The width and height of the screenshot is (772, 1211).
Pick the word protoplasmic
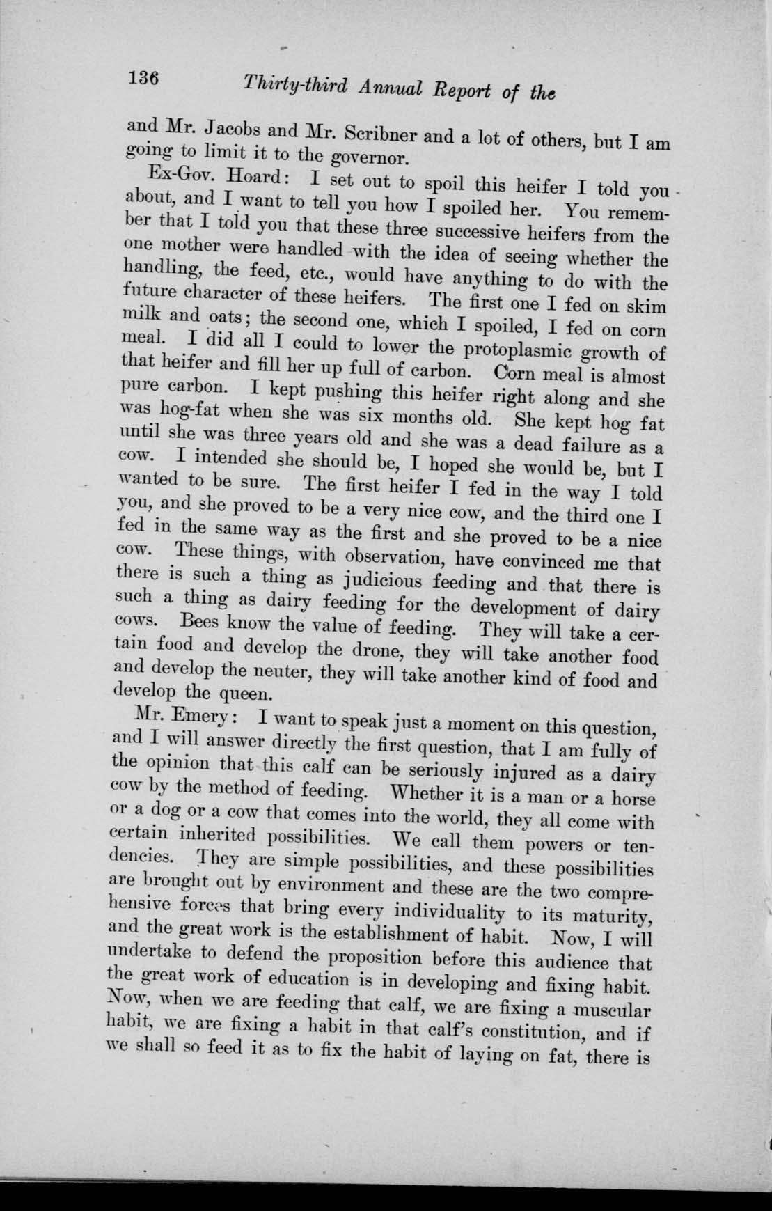pyautogui.click(x=527, y=349)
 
